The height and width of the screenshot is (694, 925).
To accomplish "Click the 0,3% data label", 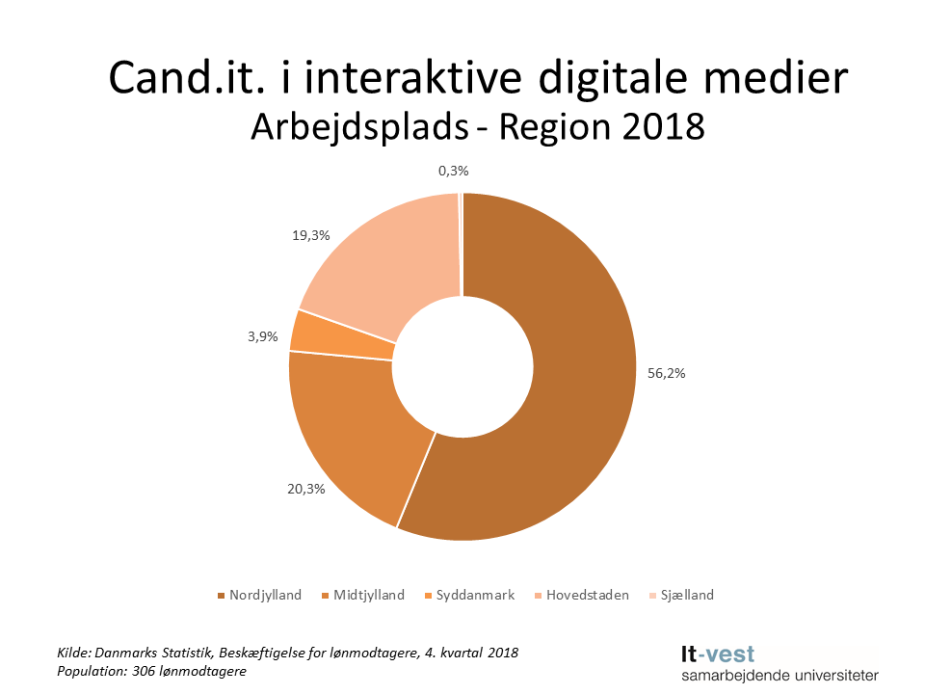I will pyautogui.click(x=453, y=171).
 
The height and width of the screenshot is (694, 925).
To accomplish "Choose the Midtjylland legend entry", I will pyautogui.click(x=369, y=595).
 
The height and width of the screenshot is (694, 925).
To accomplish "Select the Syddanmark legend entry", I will pyautogui.click(x=475, y=595).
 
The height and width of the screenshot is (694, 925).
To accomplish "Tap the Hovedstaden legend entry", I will pyautogui.click(x=586, y=595).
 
